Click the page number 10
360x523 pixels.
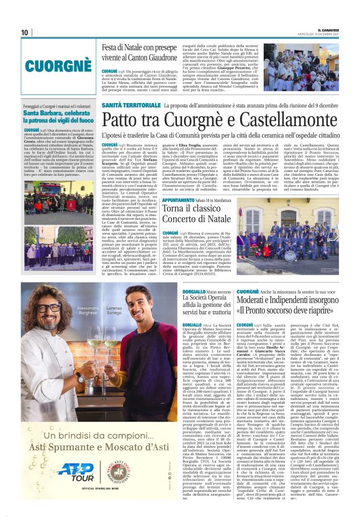(25, 32)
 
